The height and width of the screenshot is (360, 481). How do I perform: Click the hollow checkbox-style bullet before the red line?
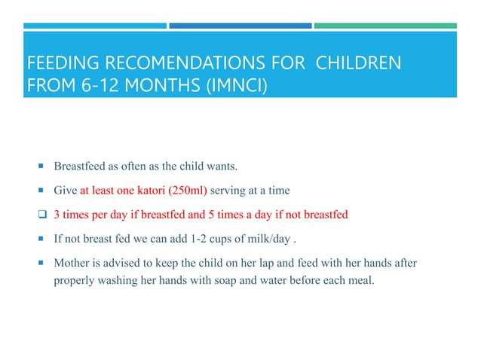44,214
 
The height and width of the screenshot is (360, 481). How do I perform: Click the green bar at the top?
385,25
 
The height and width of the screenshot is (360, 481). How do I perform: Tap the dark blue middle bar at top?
240,25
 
